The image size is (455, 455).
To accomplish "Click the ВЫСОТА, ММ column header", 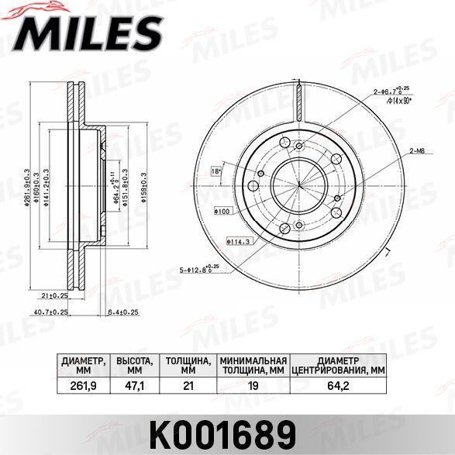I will point(135,365).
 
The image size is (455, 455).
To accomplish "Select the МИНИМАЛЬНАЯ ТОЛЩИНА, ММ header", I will point(253,365).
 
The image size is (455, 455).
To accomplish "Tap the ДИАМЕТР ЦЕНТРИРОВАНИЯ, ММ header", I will point(338,365).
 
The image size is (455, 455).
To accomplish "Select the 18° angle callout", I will point(216,171).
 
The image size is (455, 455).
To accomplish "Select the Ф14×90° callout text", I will point(398,100).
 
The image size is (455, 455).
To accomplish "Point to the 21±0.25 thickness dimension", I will point(54,296).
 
